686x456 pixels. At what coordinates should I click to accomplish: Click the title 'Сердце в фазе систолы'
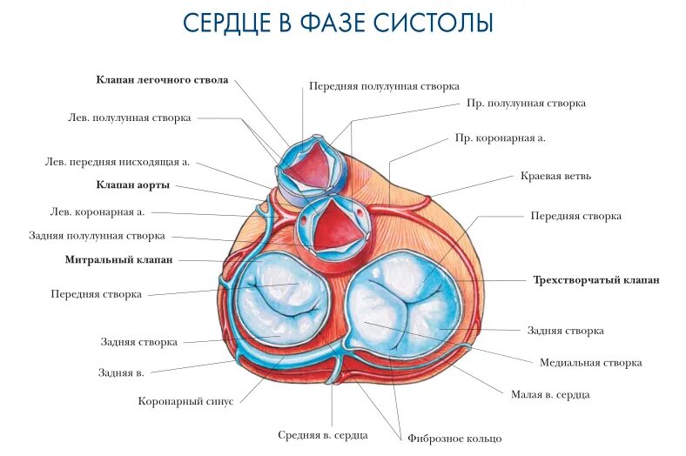(338, 23)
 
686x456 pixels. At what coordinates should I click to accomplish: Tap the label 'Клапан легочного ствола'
(162, 80)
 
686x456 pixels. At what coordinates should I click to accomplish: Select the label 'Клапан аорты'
(132, 185)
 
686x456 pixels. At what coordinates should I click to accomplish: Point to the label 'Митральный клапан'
(118, 260)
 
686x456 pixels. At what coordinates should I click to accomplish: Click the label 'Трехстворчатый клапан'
(595, 280)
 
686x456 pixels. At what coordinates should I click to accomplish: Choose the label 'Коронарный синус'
(185, 401)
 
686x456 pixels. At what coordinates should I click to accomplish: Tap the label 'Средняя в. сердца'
(323, 434)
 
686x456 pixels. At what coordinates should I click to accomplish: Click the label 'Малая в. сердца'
(550, 394)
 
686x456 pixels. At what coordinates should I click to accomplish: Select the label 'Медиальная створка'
(590, 362)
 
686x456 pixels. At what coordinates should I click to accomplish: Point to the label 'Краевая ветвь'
(555, 176)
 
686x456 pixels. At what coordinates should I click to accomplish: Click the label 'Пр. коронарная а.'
(500, 137)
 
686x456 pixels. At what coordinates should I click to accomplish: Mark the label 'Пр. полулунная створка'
(526, 103)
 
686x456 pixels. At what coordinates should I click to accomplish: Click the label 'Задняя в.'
(121, 372)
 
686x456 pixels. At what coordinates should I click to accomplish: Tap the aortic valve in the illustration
(333, 225)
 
